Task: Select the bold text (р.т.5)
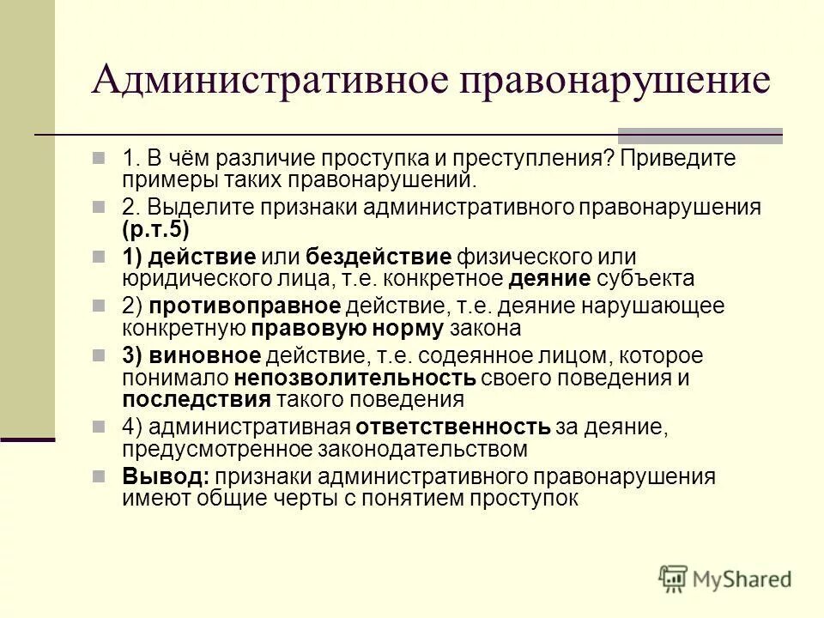(x=155, y=229)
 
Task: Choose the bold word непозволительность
(x=354, y=378)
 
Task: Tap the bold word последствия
(x=197, y=399)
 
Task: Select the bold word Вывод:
(x=166, y=477)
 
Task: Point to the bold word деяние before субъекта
(x=549, y=279)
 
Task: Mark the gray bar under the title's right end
(x=700, y=135)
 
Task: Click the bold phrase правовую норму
(x=348, y=329)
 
